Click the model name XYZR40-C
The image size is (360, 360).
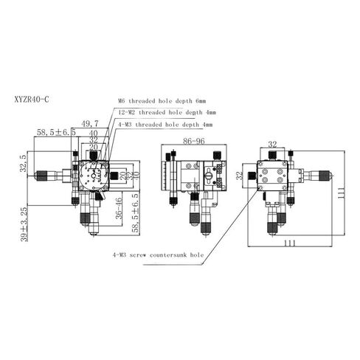point(33,96)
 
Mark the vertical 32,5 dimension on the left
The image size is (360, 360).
point(24,164)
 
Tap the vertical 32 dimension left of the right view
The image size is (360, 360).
point(239,177)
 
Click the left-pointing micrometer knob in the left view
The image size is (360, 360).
point(49,176)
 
